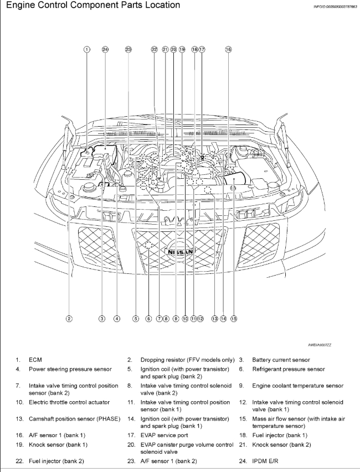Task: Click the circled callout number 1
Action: pyautogui.click(x=86, y=49)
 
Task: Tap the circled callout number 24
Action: pyautogui.click(x=105, y=49)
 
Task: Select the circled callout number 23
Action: pyautogui.click(x=128, y=49)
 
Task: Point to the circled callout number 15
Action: pyautogui.click(x=234, y=318)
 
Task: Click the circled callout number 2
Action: pyautogui.click(x=69, y=318)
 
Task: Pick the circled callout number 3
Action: pyautogui.click(x=102, y=318)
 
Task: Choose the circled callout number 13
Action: pyautogui.click(x=214, y=318)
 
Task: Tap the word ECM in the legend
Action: pyautogui.click(x=35, y=360)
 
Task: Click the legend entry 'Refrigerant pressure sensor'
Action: pyautogui.click(x=289, y=369)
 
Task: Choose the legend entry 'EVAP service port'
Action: pyautogui.click(x=163, y=435)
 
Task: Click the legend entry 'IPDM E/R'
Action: pyautogui.click(x=265, y=461)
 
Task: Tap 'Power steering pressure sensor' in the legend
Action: pyautogui.click(x=70, y=369)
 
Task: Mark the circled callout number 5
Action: pyautogui.click(x=135, y=318)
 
